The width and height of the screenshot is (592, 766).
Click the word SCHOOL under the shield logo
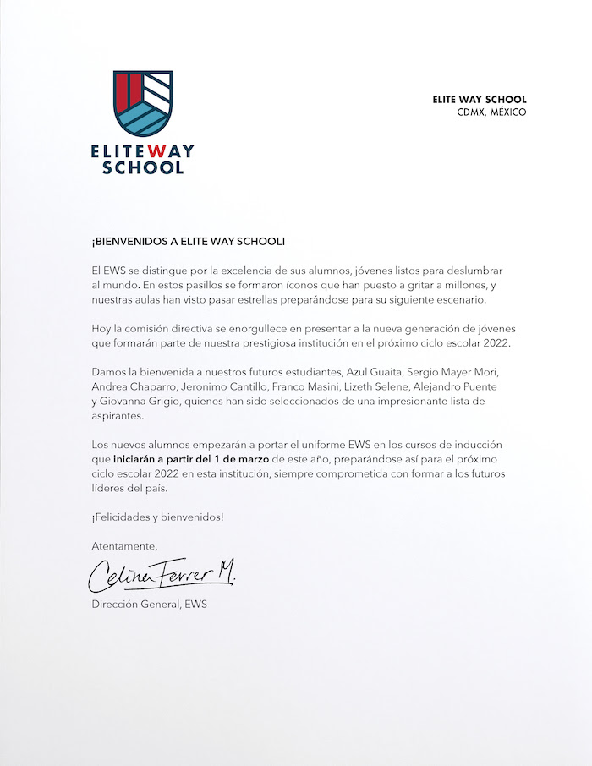coord(142,167)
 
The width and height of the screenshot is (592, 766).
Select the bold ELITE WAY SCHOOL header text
coord(479,100)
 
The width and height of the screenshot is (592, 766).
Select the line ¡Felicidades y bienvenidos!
coord(157,517)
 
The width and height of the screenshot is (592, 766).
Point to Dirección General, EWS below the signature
coord(149,605)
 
